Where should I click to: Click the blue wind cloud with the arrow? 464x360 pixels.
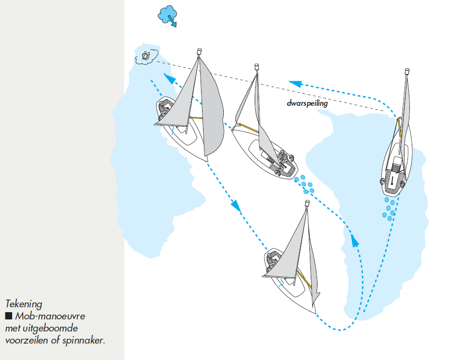pos(168,15)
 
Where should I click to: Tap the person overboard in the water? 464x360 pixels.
pos(145,57)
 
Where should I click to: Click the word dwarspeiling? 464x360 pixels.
pos(307,103)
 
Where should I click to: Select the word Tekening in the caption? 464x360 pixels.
pos(24,304)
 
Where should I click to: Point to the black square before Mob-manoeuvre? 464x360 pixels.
pos(8,317)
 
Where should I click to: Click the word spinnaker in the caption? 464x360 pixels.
pos(84,340)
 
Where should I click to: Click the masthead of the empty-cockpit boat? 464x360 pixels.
pos(407,72)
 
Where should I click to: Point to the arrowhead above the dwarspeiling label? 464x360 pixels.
pos(293,83)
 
